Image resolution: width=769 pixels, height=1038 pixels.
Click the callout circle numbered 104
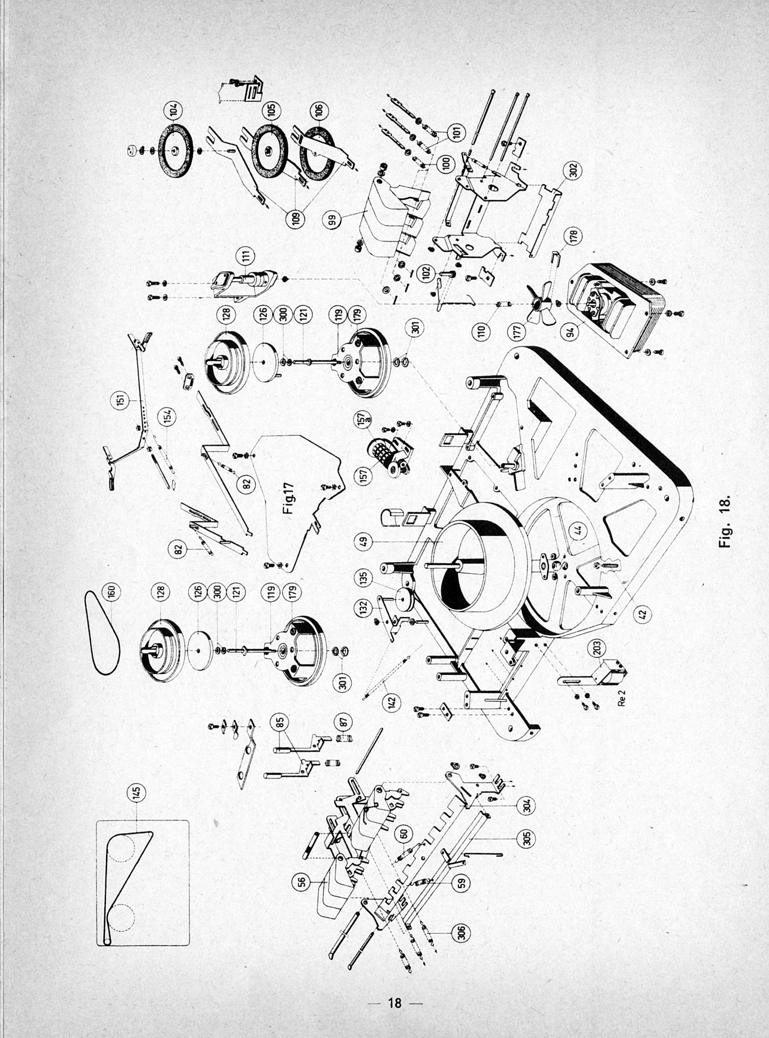tap(173, 110)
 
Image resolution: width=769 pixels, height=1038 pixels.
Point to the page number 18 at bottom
tap(395, 1002)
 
